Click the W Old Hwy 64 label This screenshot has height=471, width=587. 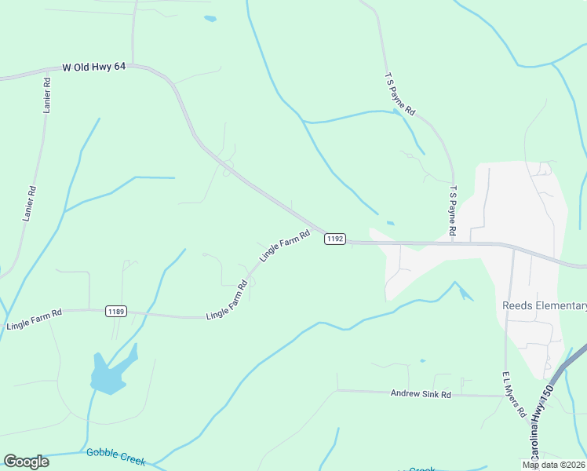click(93, 68)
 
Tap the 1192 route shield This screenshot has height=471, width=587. click(334, 239)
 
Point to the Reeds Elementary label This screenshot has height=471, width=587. click(545, 305)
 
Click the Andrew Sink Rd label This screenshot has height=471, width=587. click(421, 394)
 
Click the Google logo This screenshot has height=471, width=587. click(26, 462)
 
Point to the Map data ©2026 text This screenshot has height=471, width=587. click(553, 465)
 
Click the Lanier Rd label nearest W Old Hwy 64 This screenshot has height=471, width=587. click(47, 95)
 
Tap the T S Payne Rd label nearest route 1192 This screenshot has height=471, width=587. click(453, 210)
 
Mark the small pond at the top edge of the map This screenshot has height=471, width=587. click(210, 18)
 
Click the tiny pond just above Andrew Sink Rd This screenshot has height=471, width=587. click(422, 361)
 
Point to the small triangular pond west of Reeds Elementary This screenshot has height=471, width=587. click(465, 294)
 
